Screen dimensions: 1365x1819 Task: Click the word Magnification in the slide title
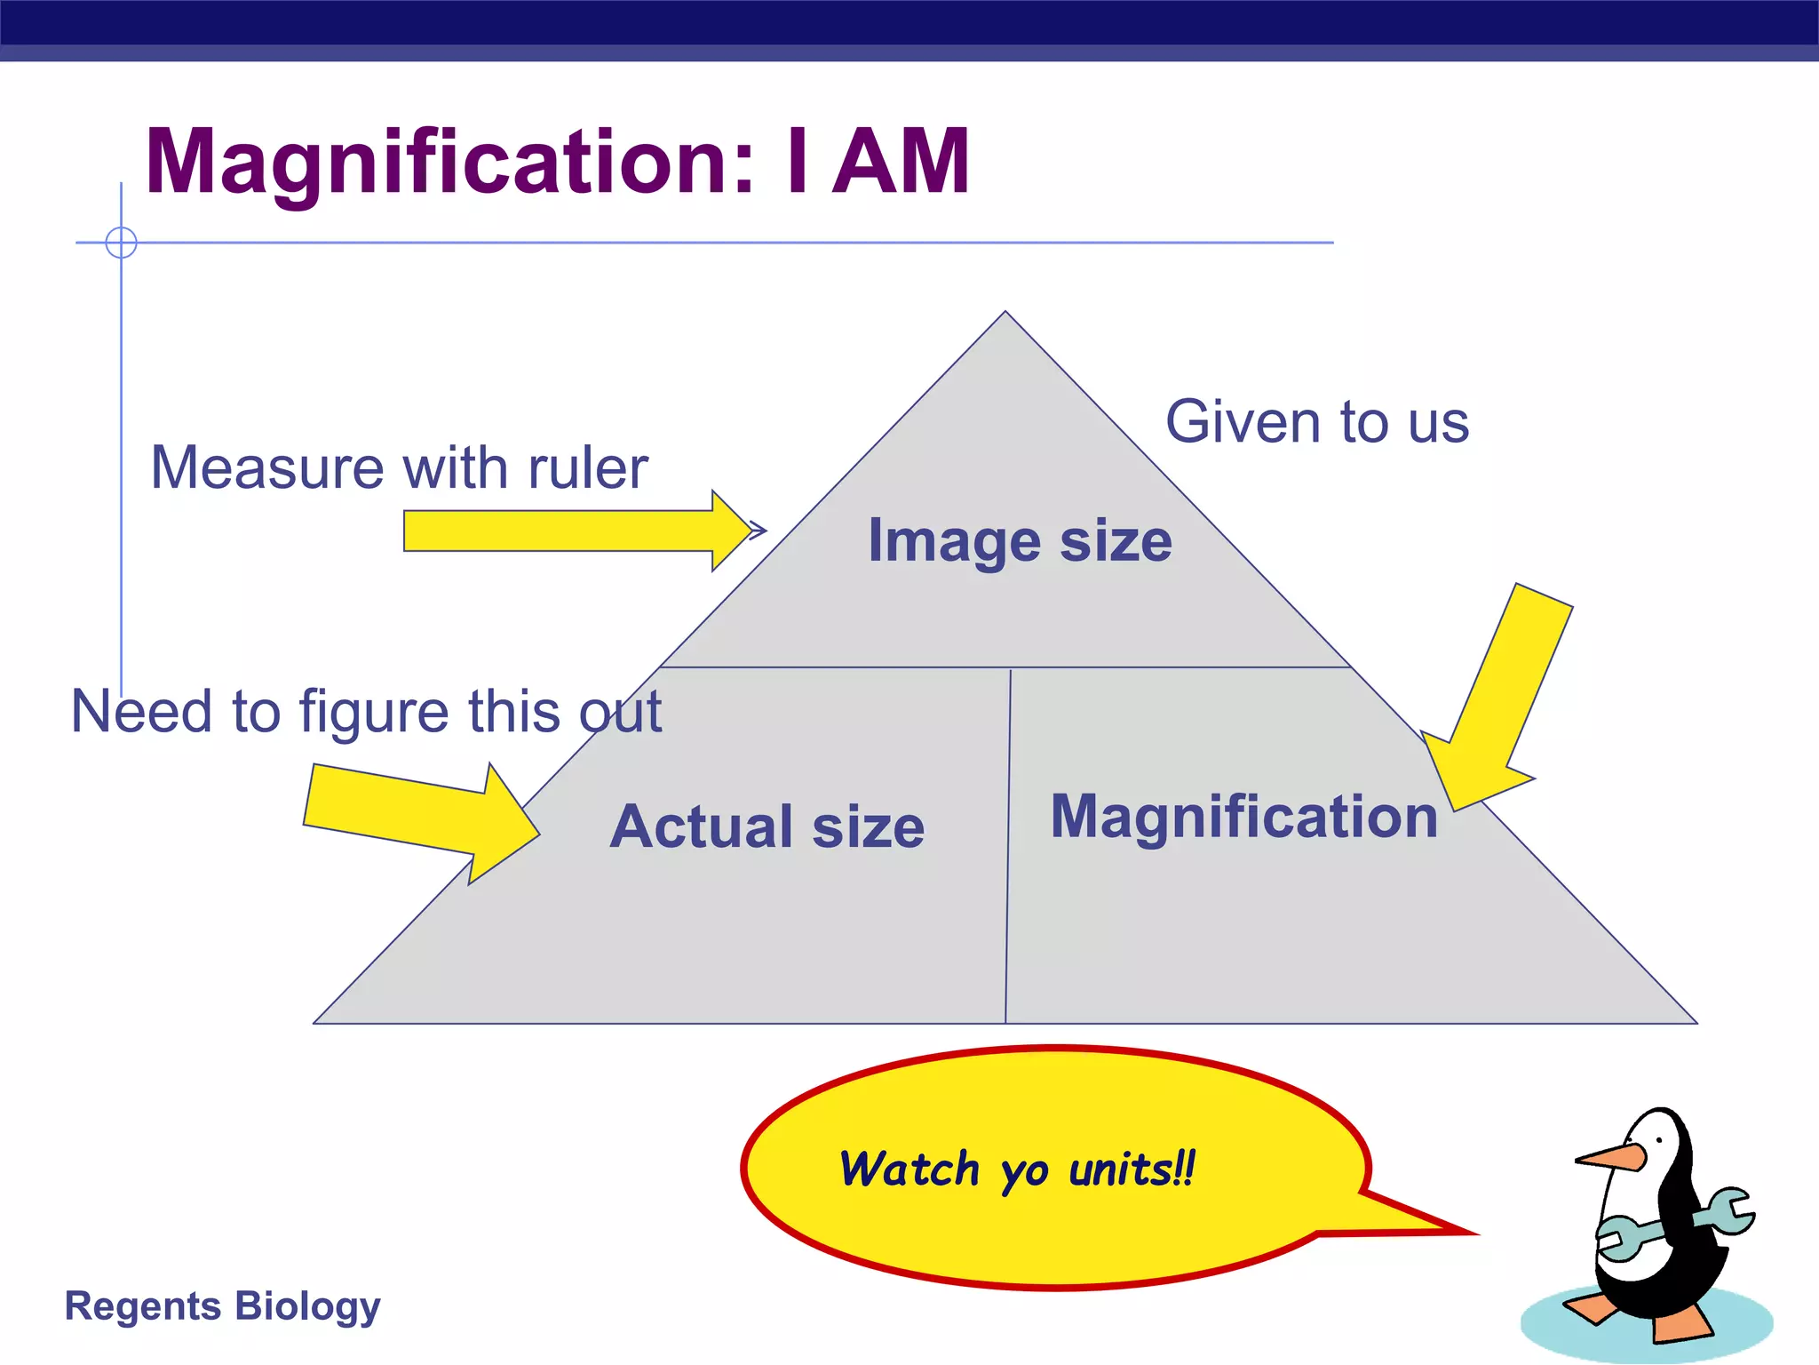449,163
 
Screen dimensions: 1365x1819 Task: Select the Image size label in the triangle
1020,540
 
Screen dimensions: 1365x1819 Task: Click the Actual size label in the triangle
767,826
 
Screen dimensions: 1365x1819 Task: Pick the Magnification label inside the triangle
1243,816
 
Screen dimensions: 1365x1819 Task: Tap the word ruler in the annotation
587,467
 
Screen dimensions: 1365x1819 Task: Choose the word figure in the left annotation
374,713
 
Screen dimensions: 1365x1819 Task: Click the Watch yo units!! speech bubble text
1018,1169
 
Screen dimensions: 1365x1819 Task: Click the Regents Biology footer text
222,1305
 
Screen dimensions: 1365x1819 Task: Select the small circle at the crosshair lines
121,242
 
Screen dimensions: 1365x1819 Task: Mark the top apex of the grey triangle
1005,313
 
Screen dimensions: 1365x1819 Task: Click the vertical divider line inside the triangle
1008,844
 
